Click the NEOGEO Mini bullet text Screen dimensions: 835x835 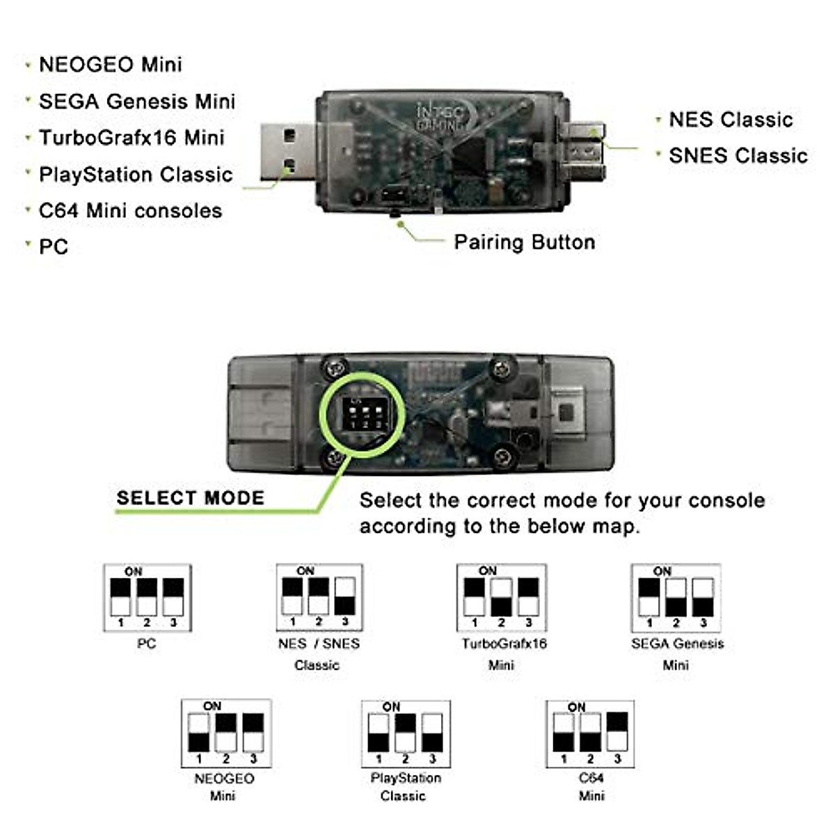[x=110, y=65]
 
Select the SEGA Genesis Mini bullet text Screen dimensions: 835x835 [x=136, y=102]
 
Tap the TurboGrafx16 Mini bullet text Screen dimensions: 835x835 [x=132, y=138]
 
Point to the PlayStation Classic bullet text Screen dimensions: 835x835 [x=136, y=174]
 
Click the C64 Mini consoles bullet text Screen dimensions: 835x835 [x=130, y=210]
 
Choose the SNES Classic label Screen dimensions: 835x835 [x=738, y=156]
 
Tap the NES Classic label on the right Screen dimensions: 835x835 [x=731, y=120]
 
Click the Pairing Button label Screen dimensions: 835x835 [x=524, y=242]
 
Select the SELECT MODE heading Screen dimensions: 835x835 [x=191, y=498]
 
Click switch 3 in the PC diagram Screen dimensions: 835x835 [x=173, y=597]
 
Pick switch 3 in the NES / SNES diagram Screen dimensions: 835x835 [x=345, y=596]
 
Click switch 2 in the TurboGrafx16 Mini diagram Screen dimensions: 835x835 [x=501, y=597]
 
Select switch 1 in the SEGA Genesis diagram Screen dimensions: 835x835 [x=649, y=597]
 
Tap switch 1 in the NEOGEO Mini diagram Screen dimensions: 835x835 [x=199, y=733]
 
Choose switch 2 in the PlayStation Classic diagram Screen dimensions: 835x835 [x=405, y=733]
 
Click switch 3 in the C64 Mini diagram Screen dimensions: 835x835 [x=617, y=732]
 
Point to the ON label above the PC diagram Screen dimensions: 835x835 [x=133, y=571]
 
